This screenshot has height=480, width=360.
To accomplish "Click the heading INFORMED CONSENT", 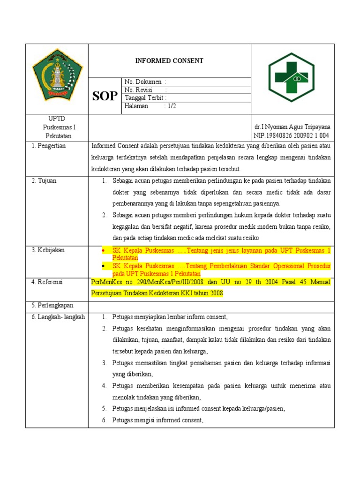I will [169, 61].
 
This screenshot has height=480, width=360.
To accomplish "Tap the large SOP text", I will [105, 96].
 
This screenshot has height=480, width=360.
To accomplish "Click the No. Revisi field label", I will [140, 90].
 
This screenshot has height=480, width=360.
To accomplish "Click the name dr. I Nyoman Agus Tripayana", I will [292, 127].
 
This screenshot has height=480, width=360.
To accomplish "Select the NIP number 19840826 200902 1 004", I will [292, 135].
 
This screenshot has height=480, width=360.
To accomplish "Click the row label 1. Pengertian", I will [49, 146].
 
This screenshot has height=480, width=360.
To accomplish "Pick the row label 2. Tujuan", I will [44, 181].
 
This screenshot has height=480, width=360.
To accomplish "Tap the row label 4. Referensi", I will [47, 282].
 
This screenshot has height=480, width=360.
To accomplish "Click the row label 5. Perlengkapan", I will [52, 306].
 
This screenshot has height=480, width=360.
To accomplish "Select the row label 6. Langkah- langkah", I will [58, 317].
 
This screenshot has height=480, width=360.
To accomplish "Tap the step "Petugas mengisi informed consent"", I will [157, 420].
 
